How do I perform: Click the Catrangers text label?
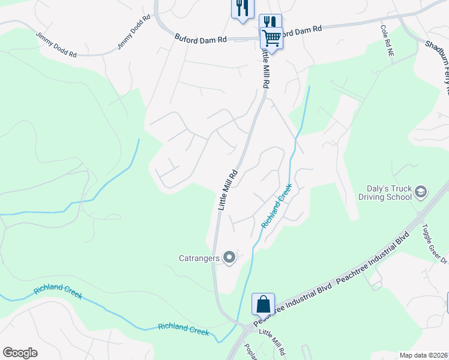(200, 259)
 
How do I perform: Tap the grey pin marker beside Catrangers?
(229, 259)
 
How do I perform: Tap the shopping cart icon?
(271, 38)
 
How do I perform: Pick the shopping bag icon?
(264, 304)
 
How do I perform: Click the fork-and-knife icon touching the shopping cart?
(270, 22)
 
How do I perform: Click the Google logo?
(20, 353)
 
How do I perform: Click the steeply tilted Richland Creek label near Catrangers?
(277, 206)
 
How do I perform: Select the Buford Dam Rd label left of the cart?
(200, 38)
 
